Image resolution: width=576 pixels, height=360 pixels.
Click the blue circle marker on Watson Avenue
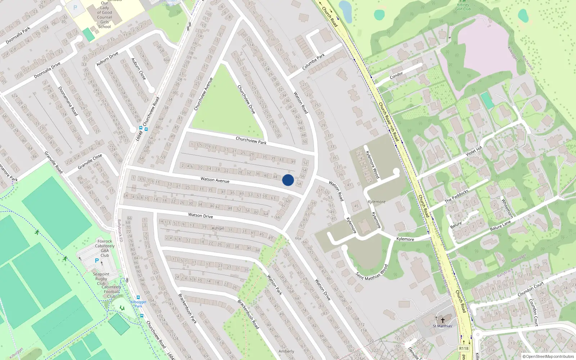click(288, 180)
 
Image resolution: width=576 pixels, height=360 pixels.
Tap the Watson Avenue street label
click(215, 180)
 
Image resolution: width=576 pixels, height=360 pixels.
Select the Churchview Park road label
click(251, 140)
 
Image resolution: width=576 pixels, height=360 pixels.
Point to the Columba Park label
click(313, 62)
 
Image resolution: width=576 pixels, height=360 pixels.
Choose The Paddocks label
click(456, 196)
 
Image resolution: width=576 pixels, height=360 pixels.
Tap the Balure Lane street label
click(500, 226)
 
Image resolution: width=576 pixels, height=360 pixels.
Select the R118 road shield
click(464, 348)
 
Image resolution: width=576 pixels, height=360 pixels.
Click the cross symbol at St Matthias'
click(443, 320)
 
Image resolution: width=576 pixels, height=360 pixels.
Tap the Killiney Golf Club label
click(463, 7)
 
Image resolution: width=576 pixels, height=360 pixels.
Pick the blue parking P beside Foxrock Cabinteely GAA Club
click(96, 261)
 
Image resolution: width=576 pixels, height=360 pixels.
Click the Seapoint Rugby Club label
click(101, 279)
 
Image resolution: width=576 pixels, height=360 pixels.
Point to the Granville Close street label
click(90, 161)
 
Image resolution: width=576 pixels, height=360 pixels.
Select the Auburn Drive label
click(107, 59)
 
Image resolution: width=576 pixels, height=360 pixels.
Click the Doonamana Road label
click(68, 101)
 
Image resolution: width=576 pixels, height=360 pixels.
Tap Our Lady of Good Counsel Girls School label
click(104, 15)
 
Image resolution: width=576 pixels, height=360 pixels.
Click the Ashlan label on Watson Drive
click(218, 228)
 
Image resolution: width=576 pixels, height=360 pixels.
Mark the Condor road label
click(396, 75)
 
